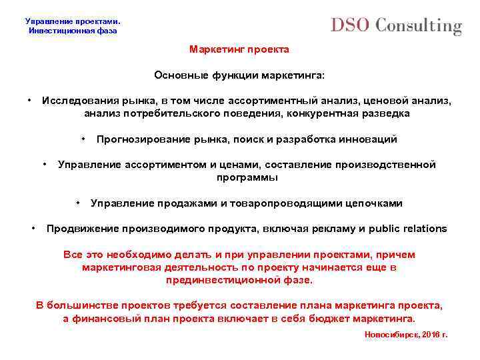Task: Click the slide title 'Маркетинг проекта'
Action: coord(239,50)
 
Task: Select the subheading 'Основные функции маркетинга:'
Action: coord(239,75)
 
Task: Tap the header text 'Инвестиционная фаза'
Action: coord(73,31)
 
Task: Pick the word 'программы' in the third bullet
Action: coord(247,178)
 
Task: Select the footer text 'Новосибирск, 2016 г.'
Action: coord(406,334)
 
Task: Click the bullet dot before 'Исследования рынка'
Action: coord(31,100)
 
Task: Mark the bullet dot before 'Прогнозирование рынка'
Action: coord(85,138)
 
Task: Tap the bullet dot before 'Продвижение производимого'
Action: coord(35,227)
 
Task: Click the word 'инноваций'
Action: coord(371,139)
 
